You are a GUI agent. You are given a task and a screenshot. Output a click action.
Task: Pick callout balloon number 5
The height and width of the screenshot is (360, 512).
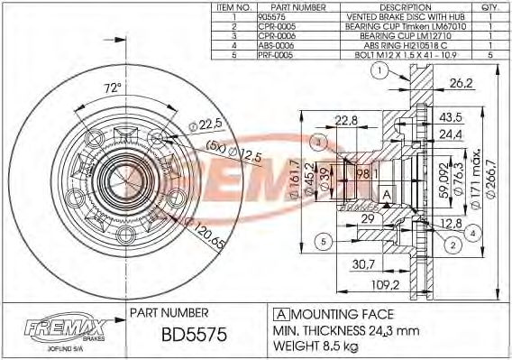pos(320,241)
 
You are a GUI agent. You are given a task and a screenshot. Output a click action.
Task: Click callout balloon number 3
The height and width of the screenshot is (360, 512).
pos(317,142)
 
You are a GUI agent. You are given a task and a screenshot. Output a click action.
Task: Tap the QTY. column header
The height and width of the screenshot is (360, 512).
pos(489,6)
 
